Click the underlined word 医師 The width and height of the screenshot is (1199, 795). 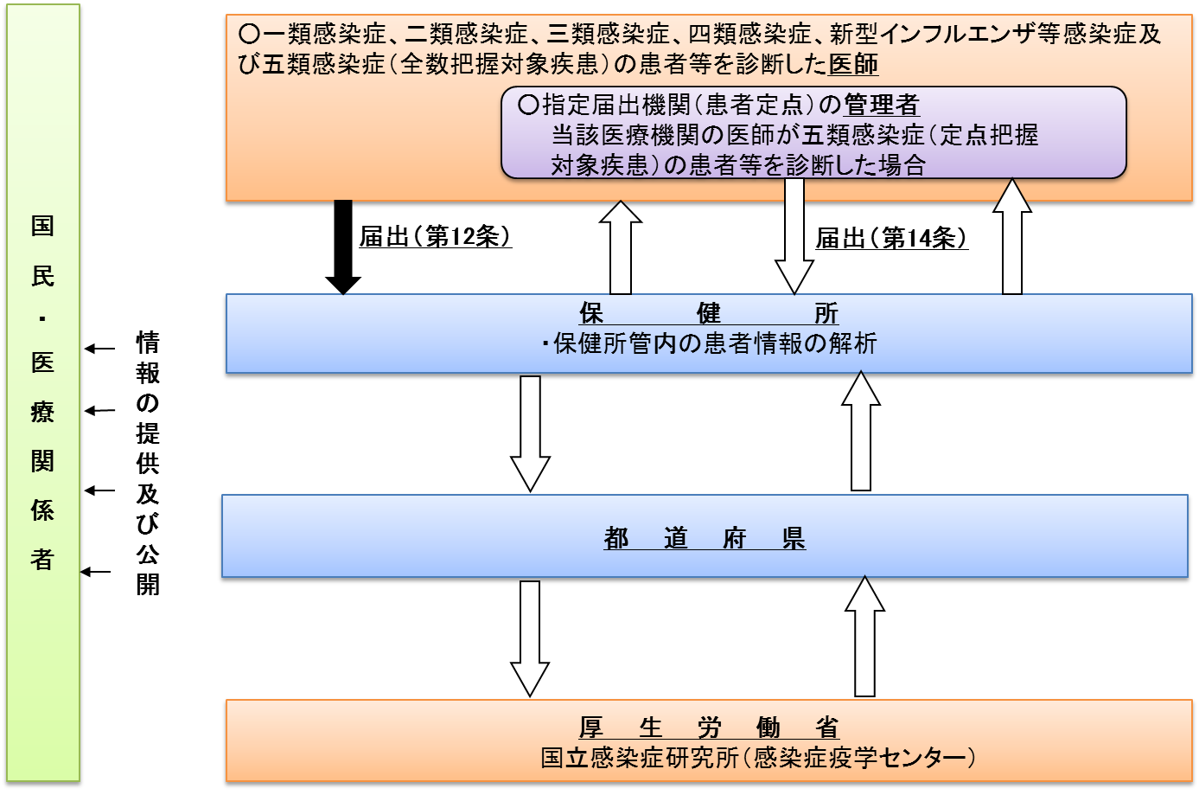click(853, 64)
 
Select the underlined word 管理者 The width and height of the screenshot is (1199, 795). click(881, 105)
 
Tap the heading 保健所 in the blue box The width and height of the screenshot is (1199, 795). click(708, 312)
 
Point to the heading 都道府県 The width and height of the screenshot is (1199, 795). click(705, 538)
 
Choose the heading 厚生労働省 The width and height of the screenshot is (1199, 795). click(708, 728)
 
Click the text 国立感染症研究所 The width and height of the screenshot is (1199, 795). click(639, 758)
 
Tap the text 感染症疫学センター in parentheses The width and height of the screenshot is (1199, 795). click(864, 758)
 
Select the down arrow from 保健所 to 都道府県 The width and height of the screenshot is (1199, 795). click(530, 433)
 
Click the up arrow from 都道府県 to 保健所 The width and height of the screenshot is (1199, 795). click(861, 431)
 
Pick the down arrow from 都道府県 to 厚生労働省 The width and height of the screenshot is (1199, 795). click(530, 638)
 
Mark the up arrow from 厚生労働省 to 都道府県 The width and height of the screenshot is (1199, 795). click(864, 636)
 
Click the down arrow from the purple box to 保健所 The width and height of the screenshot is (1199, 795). click(794, 235)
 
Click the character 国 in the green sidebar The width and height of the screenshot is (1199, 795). click(42, 226)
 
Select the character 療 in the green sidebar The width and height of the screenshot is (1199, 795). click(42, 411)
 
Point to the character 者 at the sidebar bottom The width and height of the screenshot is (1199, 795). click(42, 560)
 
